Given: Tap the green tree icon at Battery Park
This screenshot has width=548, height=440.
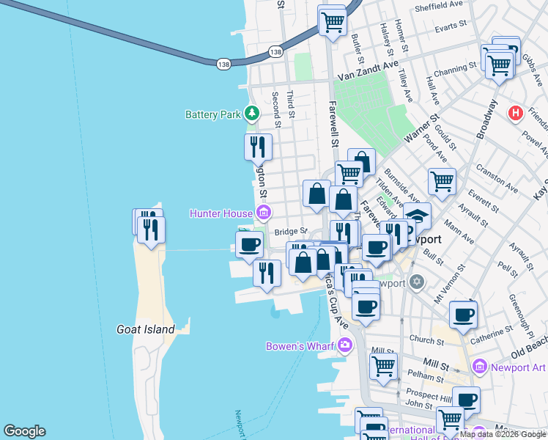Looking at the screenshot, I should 252,114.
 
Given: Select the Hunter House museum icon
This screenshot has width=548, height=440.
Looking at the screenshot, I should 263,213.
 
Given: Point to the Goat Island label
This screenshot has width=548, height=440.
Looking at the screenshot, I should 146,329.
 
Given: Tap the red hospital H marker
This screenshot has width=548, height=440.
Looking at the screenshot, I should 516,113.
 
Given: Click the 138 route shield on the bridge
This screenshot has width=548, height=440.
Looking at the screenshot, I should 223,65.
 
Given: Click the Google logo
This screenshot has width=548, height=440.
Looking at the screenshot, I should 24,431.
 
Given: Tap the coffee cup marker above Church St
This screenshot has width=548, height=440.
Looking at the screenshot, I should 463,315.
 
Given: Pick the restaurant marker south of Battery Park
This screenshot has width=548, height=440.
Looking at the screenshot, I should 258,147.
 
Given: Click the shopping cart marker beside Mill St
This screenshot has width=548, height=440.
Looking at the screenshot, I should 383,364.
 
